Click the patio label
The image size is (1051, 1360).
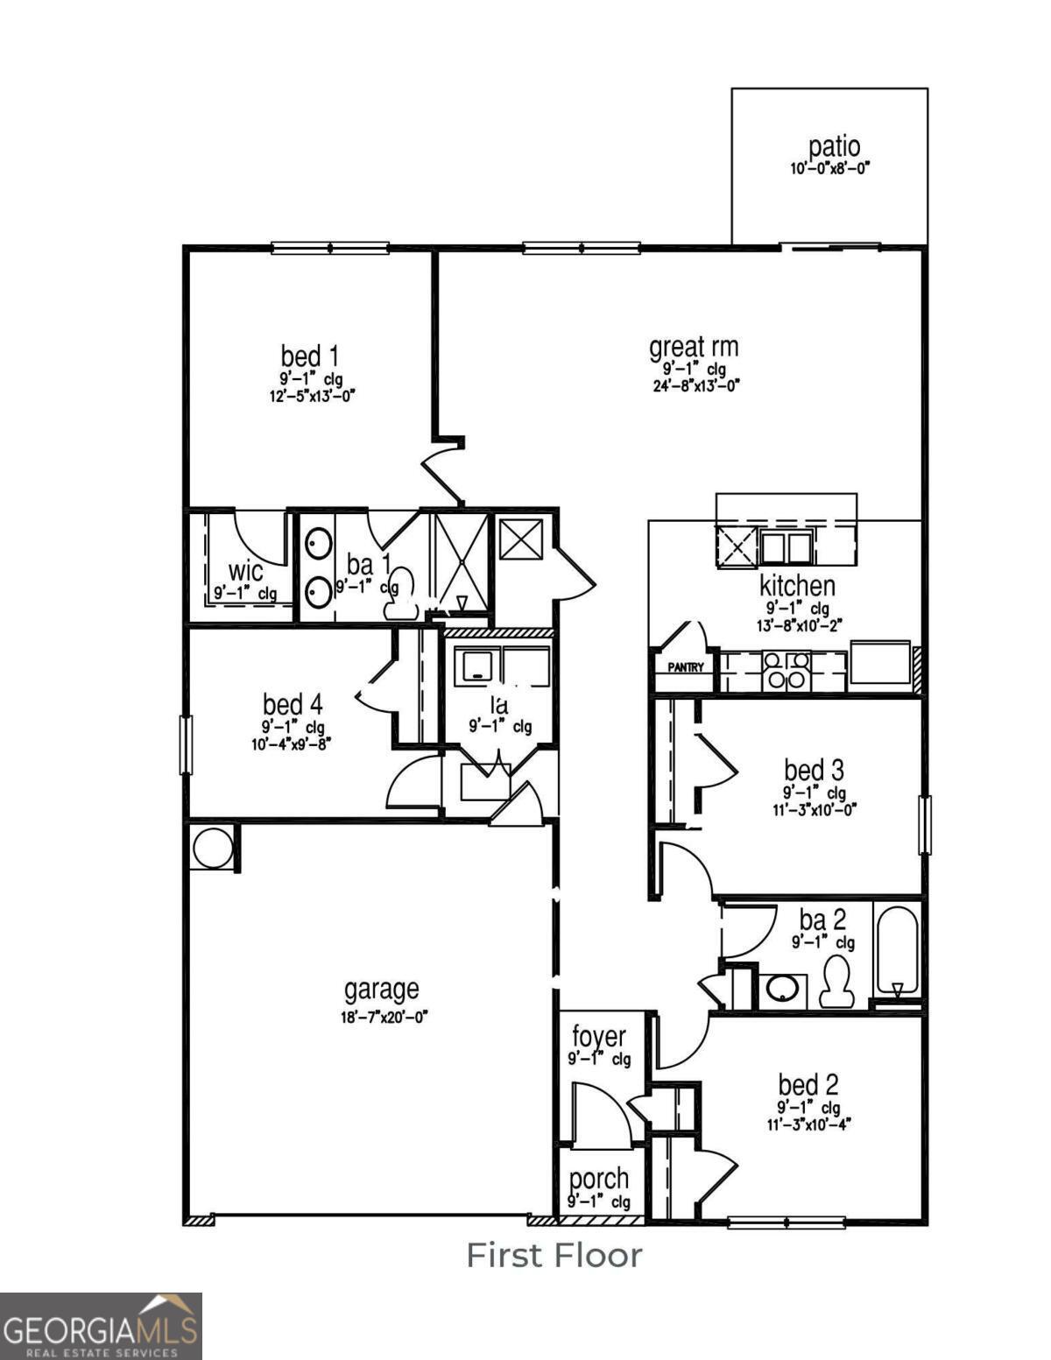click(x=834, y=146)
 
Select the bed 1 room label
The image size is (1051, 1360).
click(x=309, y=356)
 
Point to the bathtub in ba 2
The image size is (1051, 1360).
click(x=897, y=951)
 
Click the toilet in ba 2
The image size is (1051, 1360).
click(x=836, y=982)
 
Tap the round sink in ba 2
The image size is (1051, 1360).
click(x=781, y=990)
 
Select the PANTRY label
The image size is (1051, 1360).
click(x=686, y=667)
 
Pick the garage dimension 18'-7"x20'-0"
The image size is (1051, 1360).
click(x=384, y=1018)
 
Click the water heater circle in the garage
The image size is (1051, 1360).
click(x=213, y=847)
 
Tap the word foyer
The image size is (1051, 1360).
click(x=599, y=1037)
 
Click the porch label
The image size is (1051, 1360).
click(x=599, y=1180)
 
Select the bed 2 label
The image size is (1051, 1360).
click(x=808, y=1085)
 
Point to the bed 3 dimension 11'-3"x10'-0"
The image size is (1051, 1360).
click(x=814, y=810)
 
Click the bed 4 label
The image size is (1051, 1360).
click(x=293, y=704)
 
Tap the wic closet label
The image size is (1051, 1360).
click(x=245, y=573)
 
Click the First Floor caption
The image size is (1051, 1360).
click(x=554, y=1255)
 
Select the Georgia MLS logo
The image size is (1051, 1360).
click(x=101, y=1326)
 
